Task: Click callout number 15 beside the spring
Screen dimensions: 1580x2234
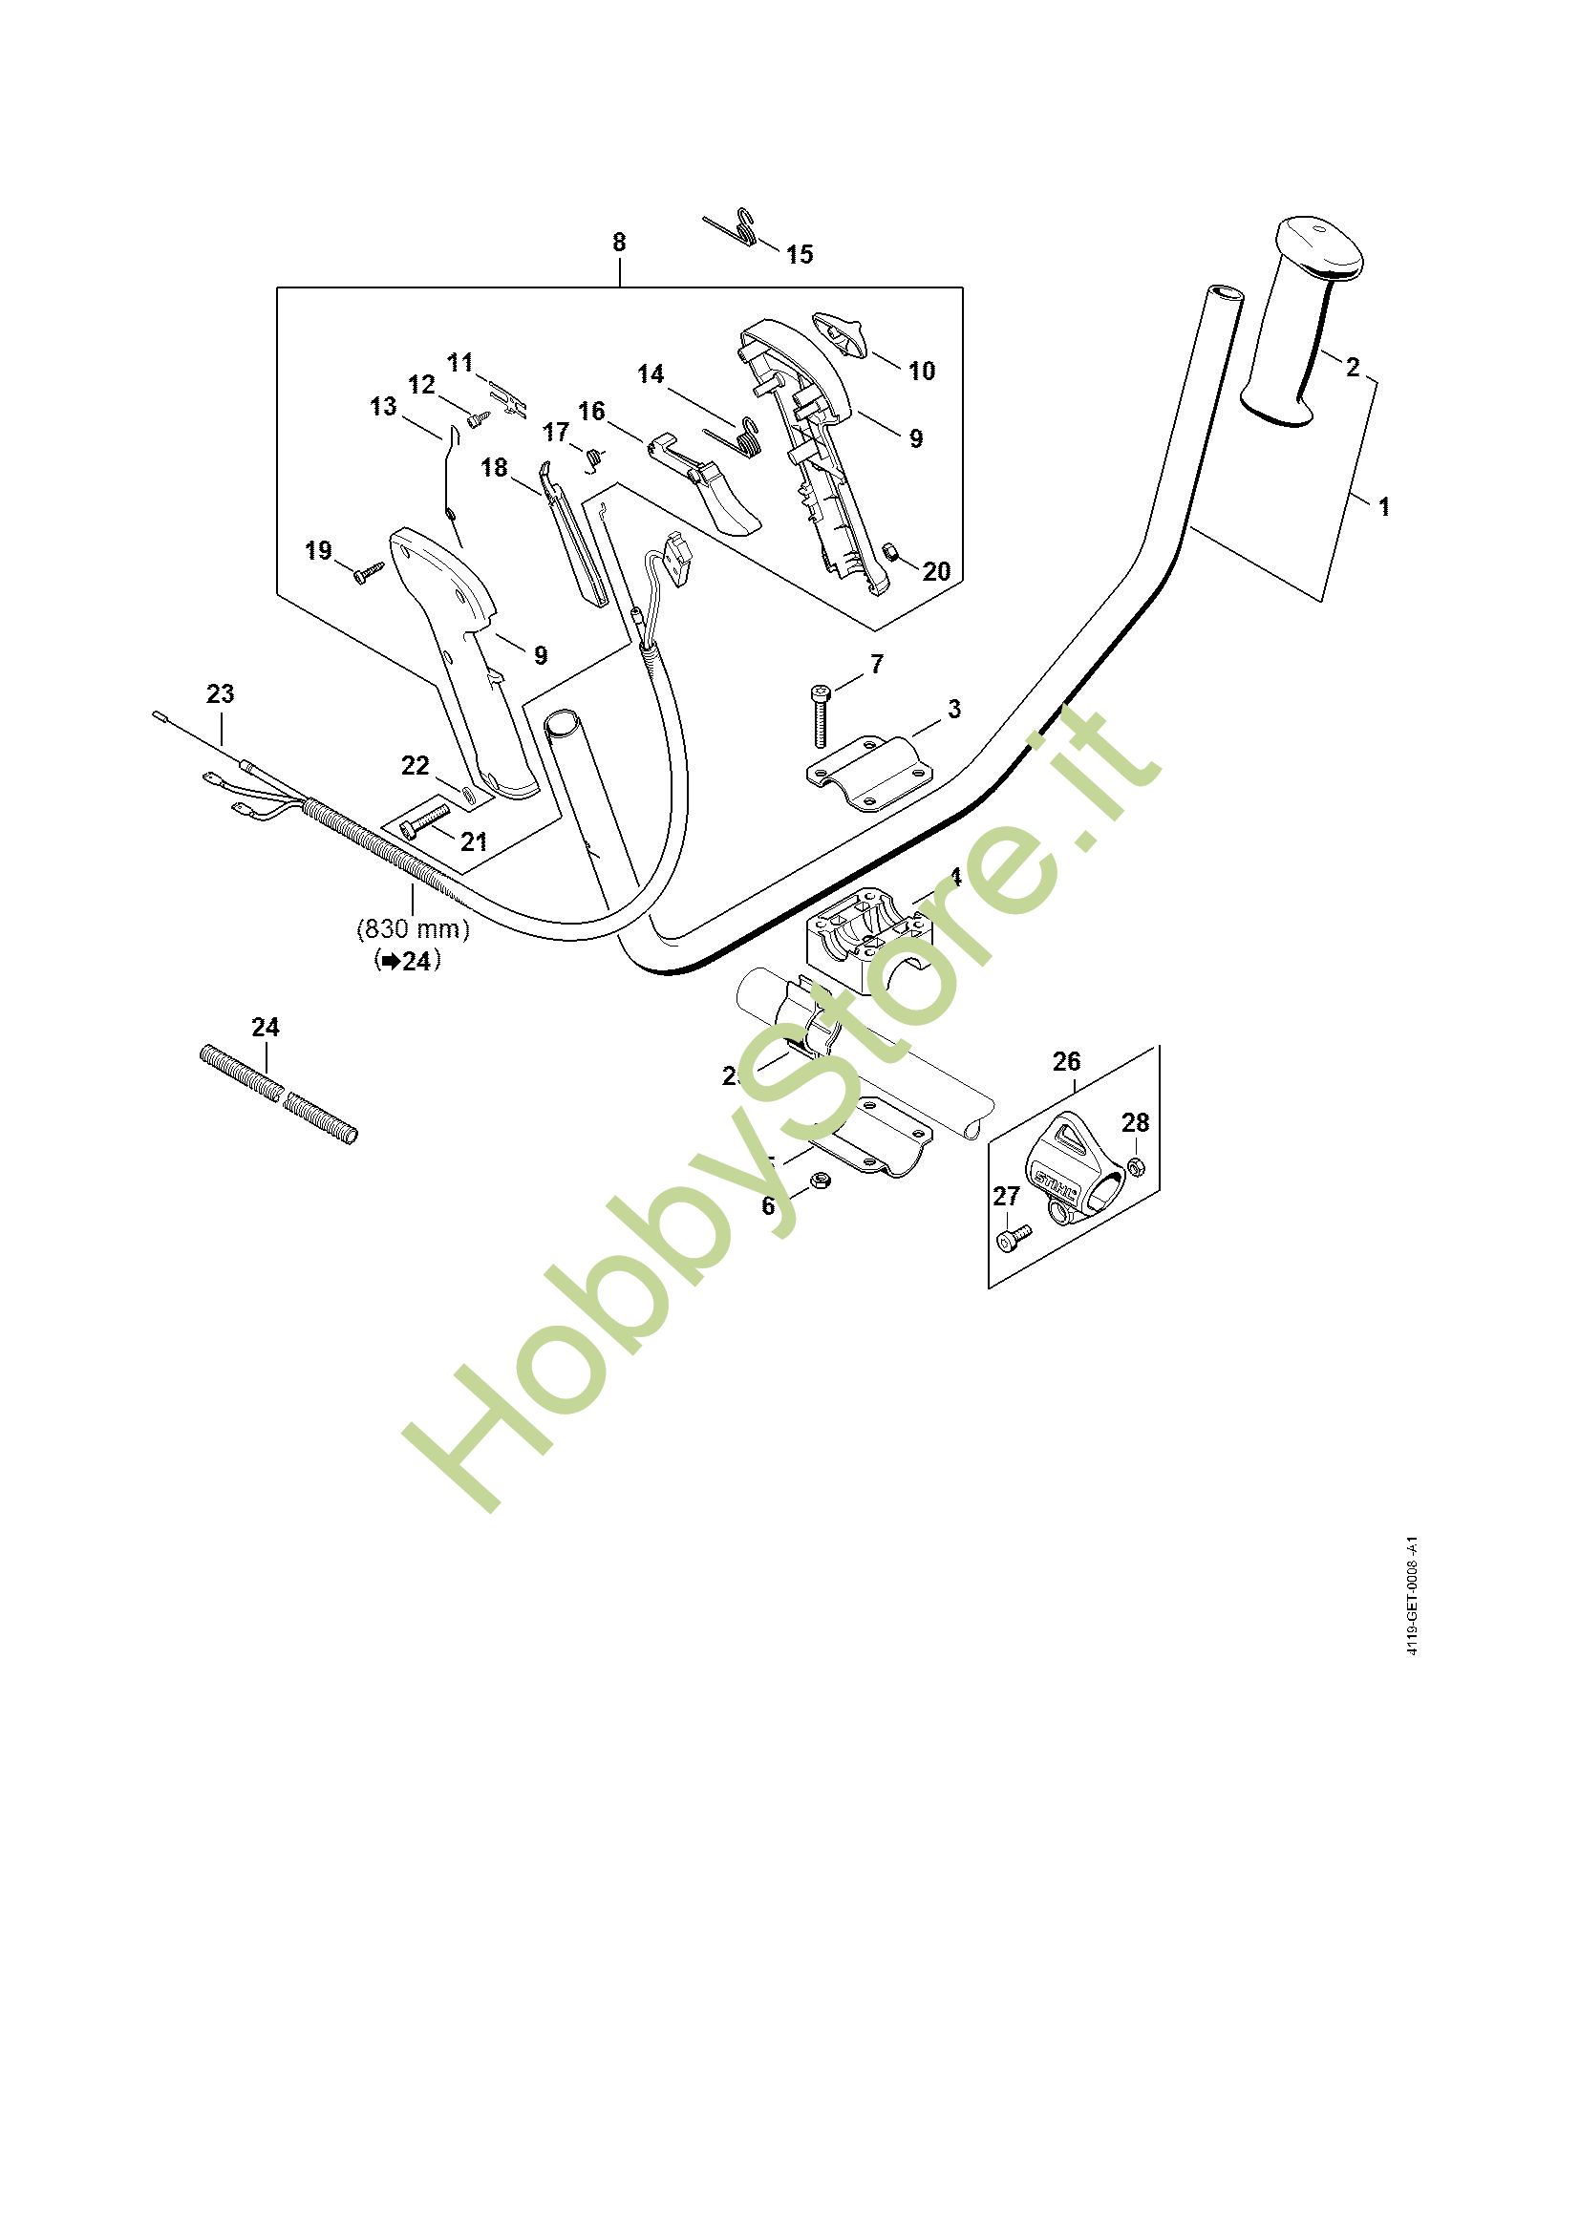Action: point(799,255)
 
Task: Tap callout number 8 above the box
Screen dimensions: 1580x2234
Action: point(620,243)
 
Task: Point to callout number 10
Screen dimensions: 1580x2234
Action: point(921,371)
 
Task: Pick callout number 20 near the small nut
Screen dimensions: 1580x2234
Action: point(936,571)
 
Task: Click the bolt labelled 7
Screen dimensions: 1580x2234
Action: point(819,716)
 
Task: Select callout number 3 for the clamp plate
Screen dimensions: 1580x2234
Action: point(953,710)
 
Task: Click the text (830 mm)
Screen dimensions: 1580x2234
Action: point(414,929)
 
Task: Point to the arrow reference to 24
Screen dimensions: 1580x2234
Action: point(408,962)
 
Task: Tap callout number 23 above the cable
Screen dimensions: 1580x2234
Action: point(221,694)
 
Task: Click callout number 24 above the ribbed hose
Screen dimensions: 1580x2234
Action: point(266,1028)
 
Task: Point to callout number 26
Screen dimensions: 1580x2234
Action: point(1067,1060)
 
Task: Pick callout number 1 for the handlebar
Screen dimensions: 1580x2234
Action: point(1383,507)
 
